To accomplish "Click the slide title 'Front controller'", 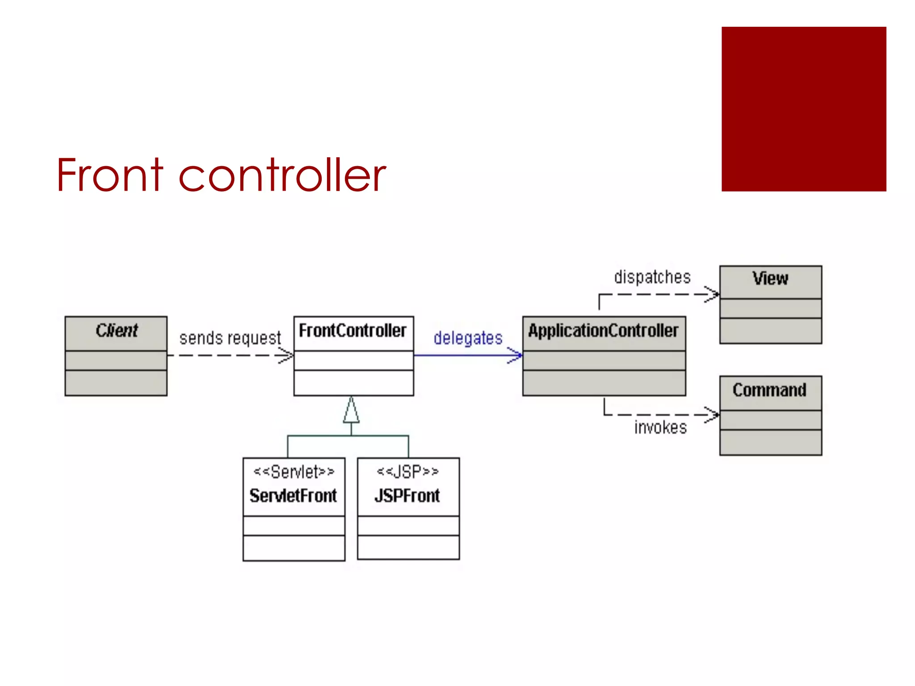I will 221,175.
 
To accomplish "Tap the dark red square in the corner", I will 803,109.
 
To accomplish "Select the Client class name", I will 116,331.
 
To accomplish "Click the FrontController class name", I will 353,331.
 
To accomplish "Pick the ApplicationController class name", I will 603,331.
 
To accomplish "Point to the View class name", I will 770,279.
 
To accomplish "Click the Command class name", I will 769,390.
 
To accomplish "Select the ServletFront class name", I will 293,496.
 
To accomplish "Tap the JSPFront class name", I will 407,496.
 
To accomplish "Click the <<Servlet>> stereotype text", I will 294,472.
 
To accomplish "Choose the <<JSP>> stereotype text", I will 407,471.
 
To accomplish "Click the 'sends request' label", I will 230,338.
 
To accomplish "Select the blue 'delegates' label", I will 468,338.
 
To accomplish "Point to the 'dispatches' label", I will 652,277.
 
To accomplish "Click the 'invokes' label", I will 660,428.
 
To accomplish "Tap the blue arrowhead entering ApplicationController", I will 516,356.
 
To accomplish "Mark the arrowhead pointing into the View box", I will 713,294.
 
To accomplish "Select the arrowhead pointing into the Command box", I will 713,415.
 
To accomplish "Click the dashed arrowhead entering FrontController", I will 287,356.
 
